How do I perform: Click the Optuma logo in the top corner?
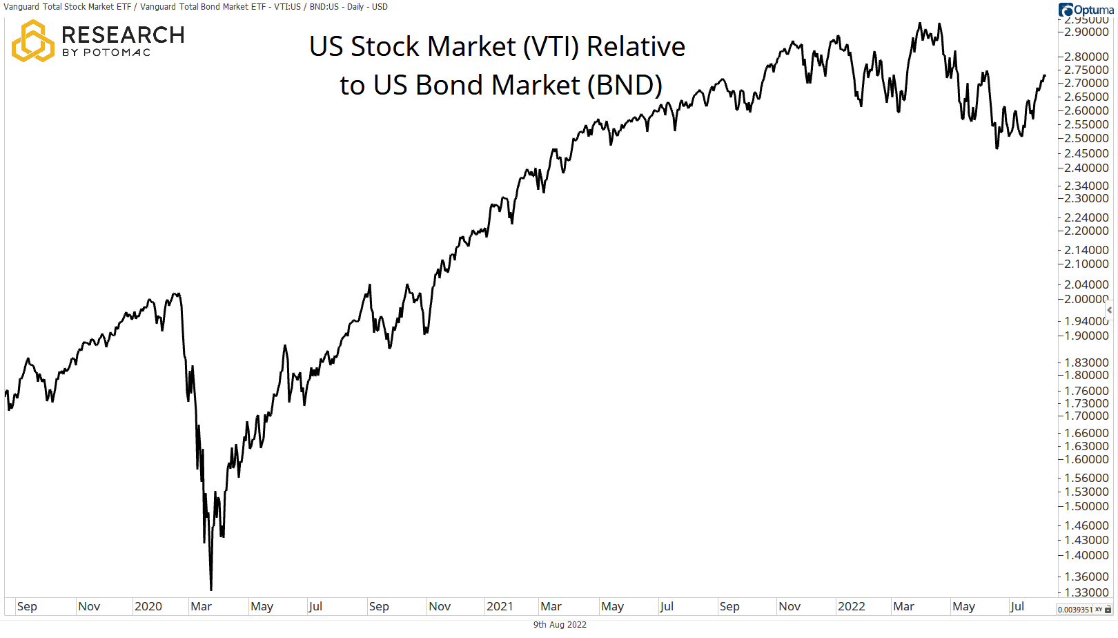pyautogui.click(x=1086, y=10)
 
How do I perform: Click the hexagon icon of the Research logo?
pyautogui.click(x=32, y=41)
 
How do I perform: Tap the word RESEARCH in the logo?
pyautogui.click(x=123, y=35)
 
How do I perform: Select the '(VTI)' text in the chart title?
pyautogui.click(x=550, y=47)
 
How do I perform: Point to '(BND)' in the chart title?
pyautogui.click(x=625, y=86)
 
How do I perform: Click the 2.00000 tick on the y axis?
pyautogui.click(x=1086, y=299)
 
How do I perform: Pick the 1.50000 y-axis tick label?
pyautogui.click(x=1086, y=506)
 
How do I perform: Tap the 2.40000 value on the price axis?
pyautogui.click(x=1086, y=168)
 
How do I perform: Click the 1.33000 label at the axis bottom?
pyautogui.click(x=1086, y=592)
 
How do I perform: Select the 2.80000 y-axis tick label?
pyautogui.click(x=1086, y=57)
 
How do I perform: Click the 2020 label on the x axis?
pyautogui.click(x=148, y=606)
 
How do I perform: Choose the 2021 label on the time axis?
pyautogui.click(x=500, y=606)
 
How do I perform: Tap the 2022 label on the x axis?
pyautogui.click(x=851, y=606)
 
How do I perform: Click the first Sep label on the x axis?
pyautogui.click(x=27, y=606)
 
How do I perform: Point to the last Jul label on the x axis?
pyautogui.click(x=1017, y=606)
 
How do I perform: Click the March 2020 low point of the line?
pyautogui.click(x=211, y=589)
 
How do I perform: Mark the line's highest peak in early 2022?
pyautogui.click(x=919, y=24)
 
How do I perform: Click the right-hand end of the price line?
pyautogui.click(x=1045, y=75)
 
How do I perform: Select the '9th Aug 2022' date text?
pyautogui.click(x=560, y=625)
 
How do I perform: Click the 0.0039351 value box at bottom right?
pyautogui.click(x=1075, y=610)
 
